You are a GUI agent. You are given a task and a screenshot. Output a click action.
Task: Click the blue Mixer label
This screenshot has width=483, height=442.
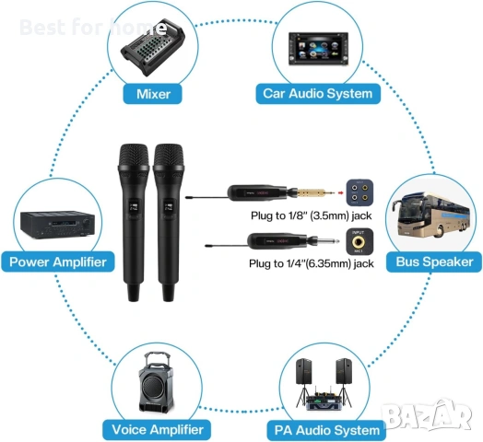tap(153, 94)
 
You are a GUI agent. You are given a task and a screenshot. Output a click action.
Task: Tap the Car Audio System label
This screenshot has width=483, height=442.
tap(318, 94)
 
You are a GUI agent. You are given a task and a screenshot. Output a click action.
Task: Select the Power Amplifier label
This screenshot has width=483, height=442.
tap(58, 262)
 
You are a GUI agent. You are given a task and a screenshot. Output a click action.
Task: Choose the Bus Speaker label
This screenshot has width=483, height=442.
tap(434, 262)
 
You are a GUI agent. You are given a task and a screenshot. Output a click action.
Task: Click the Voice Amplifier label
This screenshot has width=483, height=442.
tap(157, 430)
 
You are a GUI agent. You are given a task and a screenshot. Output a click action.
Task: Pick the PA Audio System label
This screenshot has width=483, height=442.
tap(326, 430)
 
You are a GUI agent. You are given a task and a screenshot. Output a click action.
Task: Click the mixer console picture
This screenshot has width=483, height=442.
tap(153, 48)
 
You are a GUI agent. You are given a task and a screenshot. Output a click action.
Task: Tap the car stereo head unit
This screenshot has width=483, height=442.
tap(318, 49)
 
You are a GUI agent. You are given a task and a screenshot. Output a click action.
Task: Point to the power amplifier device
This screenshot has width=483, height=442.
tap(57, 225)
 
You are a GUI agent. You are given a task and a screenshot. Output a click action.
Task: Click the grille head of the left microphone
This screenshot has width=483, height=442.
tap(134, 156)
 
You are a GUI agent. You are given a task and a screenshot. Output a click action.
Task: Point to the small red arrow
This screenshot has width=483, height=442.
tap(340, 193)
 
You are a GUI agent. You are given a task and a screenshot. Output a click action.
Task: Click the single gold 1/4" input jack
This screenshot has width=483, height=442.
tap(359, 242)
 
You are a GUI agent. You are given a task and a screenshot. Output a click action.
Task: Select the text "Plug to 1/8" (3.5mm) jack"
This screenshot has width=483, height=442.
tap(312, 215)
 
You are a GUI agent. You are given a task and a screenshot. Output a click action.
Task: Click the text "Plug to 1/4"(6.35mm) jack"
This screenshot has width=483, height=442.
tap(312, 263)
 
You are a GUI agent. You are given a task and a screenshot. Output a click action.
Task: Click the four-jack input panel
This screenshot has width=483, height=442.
tap(359, 192)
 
